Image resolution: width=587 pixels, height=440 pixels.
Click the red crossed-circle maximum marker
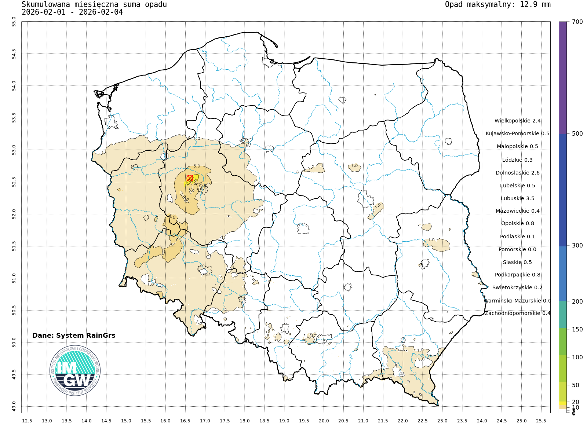pyautogui.click(x=190, y=178)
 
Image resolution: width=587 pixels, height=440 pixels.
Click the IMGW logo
pyautogui.click(x=75, y=371)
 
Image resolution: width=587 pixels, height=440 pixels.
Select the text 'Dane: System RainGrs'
pyautogui.click(x=74, y=335)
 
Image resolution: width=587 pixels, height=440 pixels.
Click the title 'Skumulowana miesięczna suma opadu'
pyautogui.click(x=94, y=5)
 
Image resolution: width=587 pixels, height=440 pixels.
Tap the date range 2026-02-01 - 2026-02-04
pyautogui.click(x=72, y=12)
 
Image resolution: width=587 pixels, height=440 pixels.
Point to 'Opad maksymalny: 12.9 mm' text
pyautogui.click(x=497, y=5)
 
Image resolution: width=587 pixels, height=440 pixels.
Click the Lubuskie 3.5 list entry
pyautogui.click(x=517, y=198)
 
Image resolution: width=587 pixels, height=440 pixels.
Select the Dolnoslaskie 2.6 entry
pyautogui.click(x=517, y=173)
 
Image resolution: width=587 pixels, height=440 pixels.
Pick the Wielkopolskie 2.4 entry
pyautogui.click(x=517, y=121)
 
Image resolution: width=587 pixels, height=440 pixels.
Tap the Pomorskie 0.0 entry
pyautogui.click(x=517, y=249)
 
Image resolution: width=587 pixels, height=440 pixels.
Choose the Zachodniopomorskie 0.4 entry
pyautogui.click(x=517, y=313)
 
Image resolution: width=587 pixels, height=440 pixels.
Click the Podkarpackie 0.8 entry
pyautogui.click(x=517, y=275)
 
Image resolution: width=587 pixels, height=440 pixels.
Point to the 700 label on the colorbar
pyautogui.click(x=577, y=22)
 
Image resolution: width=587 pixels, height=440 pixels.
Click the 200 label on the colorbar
pyautogui.click(x=577, y=301)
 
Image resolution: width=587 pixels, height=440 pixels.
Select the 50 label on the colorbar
pyautogui.click(x=576, y=385)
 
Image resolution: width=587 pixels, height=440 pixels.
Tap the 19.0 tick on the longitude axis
pyautogui.click(x=284, y=421)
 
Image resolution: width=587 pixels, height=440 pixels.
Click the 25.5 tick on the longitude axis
pyautogui.click(x=541, y=421)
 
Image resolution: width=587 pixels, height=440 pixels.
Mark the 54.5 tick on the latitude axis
pyautogui.click(x=14, y=54)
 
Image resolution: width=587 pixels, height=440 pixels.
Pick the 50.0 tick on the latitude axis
pyautogui.click(x=14, y=342)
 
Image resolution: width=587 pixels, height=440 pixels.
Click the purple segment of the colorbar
pyautogui.click(x=562, y=77)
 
